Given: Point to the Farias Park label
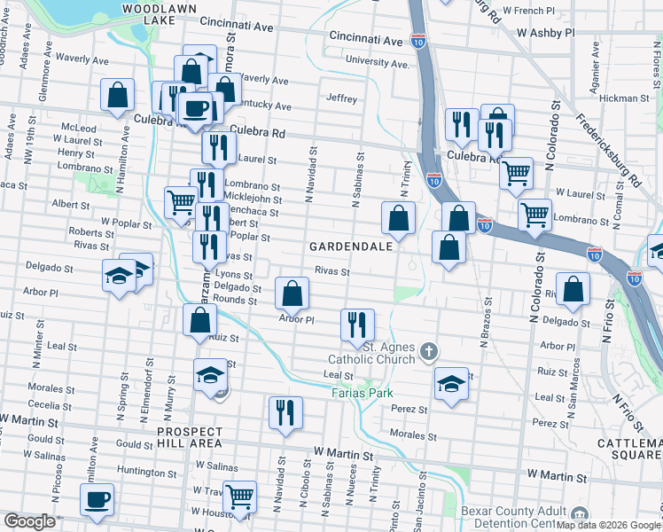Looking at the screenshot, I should [361, 392].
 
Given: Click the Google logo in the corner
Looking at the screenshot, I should [29, 521].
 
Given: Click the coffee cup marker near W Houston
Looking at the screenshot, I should [97, 498].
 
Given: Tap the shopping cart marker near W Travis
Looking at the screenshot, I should [239, 497].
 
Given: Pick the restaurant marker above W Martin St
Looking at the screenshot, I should [285, 412].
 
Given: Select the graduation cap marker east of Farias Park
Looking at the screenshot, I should [451, 383].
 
